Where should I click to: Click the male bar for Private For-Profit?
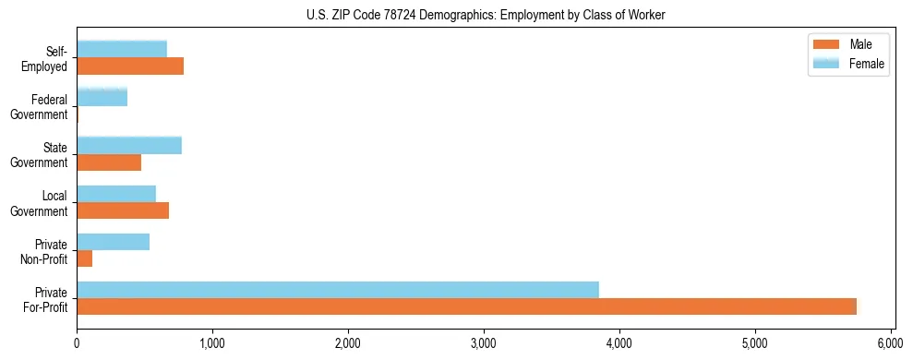coord(466,307)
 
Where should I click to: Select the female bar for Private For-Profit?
coord(338,290)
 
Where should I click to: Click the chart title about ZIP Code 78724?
coord(486,14)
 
